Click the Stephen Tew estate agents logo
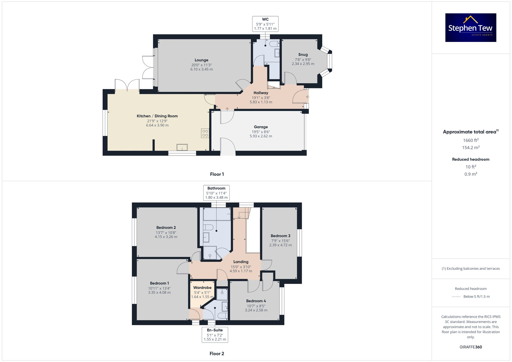pyautogui.click(x=471, y=28)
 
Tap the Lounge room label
pyautogui.click(x=201, y=60)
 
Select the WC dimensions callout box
pyautogui.click(x=265, y=24)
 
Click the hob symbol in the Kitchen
pyautogui.click(x=205, y=133)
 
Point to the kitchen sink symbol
pyautogui.click(x=182, y=147)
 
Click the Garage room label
pyautogui.click(x=261, y=127)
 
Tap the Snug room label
pyautogui.click(x=303, y=54)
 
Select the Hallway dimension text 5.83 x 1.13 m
pyautogui.click(x=261, y=102)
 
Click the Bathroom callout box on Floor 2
pyautogui.click(x=216, y=193)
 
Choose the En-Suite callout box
pyautogui.click(x=215, y=335)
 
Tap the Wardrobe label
pyautogui.click(x=202, y=288)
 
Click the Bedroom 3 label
pyautogui.click(x=280, y=236)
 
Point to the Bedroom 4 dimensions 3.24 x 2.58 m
pyautogui.click(x=256, y=310)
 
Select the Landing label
pyautogui.click(x=241, y=262)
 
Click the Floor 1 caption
pyautogui.click(x=217, y=174)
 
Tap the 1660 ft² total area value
pyautogui.click(x=471, y=140)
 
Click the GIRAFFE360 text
pyautogui.click(x=471, y=347)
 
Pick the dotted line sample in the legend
pyautogui.click(x=456, y=297)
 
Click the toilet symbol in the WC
pyautogui.click(x=274, y=44)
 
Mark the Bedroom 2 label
pyautogui.click(x=166, y=228)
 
